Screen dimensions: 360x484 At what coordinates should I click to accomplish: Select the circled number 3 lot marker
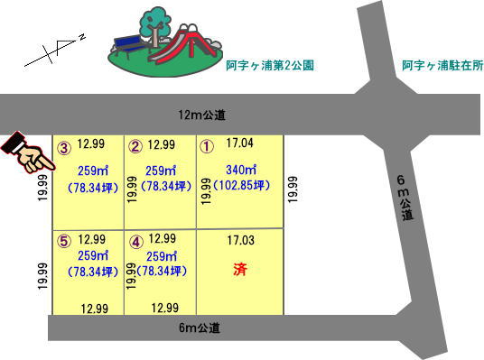[64, 147]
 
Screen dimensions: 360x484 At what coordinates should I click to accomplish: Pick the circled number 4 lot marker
[135, 242]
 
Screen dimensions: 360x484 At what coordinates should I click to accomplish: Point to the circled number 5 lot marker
[64, 241]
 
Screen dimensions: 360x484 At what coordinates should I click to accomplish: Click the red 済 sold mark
[239, 269]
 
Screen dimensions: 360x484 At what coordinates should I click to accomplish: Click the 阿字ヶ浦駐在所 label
[442, 67]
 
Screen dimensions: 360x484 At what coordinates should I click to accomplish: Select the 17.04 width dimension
[240, 143]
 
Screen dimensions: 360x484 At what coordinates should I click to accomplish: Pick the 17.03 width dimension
[240, 240]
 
